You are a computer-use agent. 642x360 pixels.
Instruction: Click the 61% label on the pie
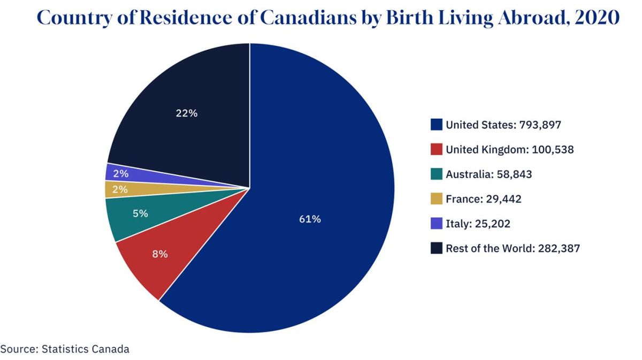point(310,219)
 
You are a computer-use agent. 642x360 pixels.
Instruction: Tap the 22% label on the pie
point(186,113)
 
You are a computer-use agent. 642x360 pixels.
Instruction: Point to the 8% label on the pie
point(159,254)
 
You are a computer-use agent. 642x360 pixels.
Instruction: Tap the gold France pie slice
point(160,189)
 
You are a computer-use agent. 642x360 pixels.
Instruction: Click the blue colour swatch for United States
point(437,125)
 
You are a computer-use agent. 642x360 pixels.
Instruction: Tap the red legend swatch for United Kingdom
point(437,150)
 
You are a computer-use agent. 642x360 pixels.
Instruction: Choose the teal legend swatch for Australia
point(437,174)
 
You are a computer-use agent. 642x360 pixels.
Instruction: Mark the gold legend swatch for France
point(437,199)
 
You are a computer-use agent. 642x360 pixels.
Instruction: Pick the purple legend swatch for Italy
point(437,224)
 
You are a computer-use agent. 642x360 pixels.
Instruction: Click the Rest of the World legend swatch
point(437,248)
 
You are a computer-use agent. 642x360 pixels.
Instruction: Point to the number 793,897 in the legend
point(539,125)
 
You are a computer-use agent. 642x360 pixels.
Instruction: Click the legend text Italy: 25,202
point(478,224)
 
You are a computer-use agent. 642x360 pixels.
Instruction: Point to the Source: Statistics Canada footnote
point(65,349)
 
